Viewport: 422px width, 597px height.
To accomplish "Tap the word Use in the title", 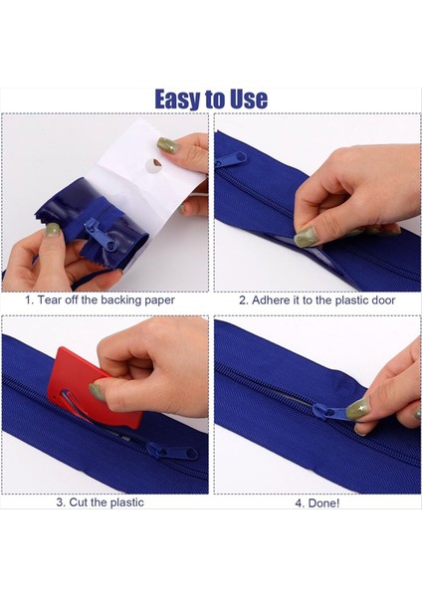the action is tap(249, 99).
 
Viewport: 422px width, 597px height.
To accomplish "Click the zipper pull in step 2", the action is tap(231, 159).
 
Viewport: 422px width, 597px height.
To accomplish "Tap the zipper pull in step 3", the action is tap(172, 451).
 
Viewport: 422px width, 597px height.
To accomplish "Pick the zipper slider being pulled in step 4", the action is tap(330, 412).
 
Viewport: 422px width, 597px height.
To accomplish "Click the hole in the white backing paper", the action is tap(153, 165).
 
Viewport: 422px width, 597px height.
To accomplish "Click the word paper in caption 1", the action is tap(159, 300).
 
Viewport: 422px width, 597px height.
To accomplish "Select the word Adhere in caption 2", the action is tap(271, 300).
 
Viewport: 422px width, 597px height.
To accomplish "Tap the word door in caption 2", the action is tap(382, 300).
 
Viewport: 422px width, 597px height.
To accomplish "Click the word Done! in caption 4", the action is tap(323, 502).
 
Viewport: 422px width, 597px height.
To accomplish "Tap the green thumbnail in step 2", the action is tap(307, 237).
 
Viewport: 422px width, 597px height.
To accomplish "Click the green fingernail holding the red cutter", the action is tap(98, 392).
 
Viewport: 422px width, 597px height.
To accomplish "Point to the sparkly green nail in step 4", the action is tap(357, 409).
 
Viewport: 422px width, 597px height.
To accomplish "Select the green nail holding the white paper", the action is tap(168, 145).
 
